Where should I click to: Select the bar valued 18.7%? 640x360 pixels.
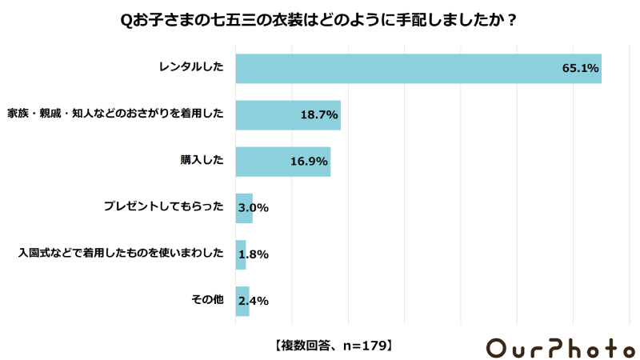(288, 115)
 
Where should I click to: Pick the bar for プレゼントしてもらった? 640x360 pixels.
(244, 208)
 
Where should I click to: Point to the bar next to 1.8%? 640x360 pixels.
(241, 254)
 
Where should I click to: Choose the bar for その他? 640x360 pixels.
(242, 301)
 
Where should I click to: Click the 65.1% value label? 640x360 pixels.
(580, 69)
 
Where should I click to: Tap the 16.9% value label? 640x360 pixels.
(309, 162)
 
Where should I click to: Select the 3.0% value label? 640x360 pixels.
(253, 208)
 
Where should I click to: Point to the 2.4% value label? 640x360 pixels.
(253, 301)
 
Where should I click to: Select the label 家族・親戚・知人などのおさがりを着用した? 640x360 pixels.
(115, 115)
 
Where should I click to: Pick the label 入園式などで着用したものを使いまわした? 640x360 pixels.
(121, 254)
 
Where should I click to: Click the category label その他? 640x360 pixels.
(207, 301)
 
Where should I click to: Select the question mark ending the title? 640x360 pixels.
(511, 21)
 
